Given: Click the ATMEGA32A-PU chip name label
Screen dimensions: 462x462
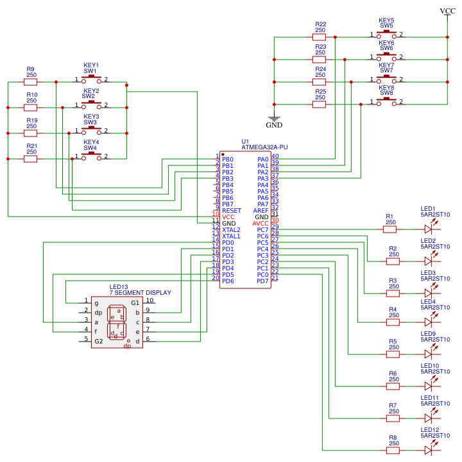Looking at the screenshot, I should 264,147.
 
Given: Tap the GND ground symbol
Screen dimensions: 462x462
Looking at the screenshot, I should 274,119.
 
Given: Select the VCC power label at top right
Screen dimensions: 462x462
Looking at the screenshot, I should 447,11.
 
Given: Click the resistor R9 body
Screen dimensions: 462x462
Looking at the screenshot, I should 31,82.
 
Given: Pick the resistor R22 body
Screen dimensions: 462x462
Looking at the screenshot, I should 320,37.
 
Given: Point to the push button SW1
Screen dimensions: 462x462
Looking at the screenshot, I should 91,79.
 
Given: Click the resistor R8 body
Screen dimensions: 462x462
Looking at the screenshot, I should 393,450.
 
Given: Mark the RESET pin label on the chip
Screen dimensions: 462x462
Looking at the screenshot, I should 232,211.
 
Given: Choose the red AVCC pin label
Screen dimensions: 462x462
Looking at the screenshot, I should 261,224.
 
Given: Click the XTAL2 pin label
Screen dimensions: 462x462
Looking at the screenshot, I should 231,230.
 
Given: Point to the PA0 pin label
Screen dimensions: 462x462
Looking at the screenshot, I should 262,160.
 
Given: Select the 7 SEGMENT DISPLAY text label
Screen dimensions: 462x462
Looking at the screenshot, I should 140,293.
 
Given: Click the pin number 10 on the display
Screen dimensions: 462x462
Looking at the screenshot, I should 150,301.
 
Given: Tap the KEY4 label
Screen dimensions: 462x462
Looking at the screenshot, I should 91,142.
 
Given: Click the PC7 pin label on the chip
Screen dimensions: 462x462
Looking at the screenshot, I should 262,230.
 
